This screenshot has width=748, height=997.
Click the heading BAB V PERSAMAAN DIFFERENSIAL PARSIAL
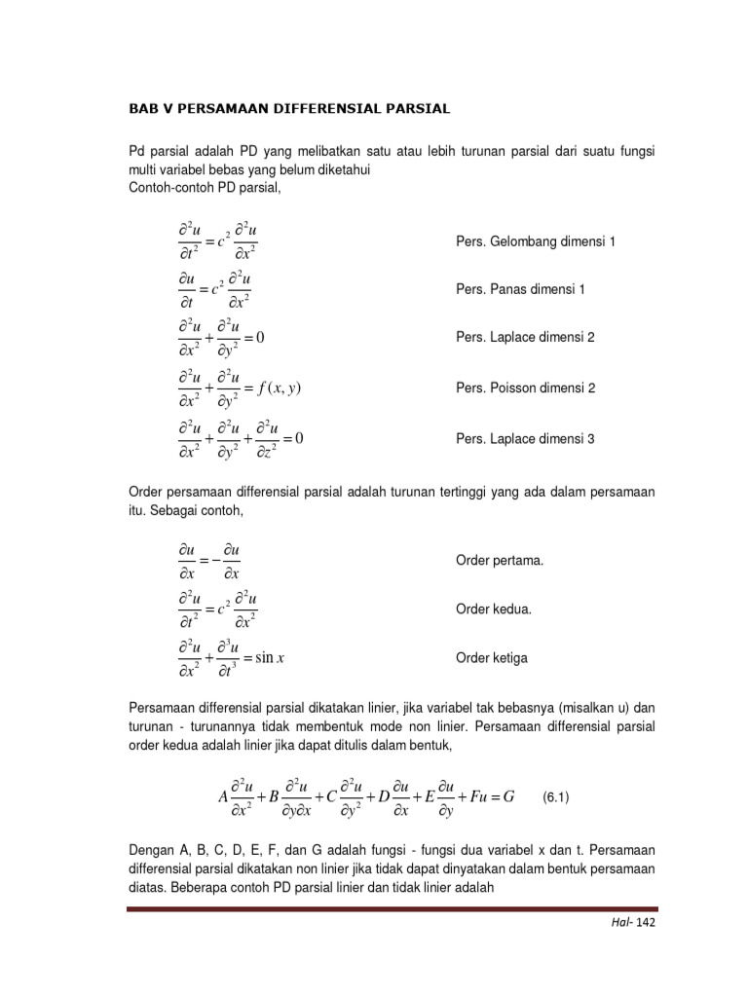tap(289, 109)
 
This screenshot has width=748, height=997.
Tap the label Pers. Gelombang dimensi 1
tap(536, 240)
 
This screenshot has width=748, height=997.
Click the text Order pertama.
tap(500, 560)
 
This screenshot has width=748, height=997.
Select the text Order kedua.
tap(494, 609)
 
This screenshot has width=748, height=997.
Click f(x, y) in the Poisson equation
tap(280, 388)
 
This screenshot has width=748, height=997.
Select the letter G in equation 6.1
tap(504, 797)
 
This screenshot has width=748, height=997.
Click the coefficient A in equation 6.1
tap(224, 797)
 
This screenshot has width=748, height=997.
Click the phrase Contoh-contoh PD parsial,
tap(204, 187)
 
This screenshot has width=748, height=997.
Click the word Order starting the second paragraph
tap(148, 493)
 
